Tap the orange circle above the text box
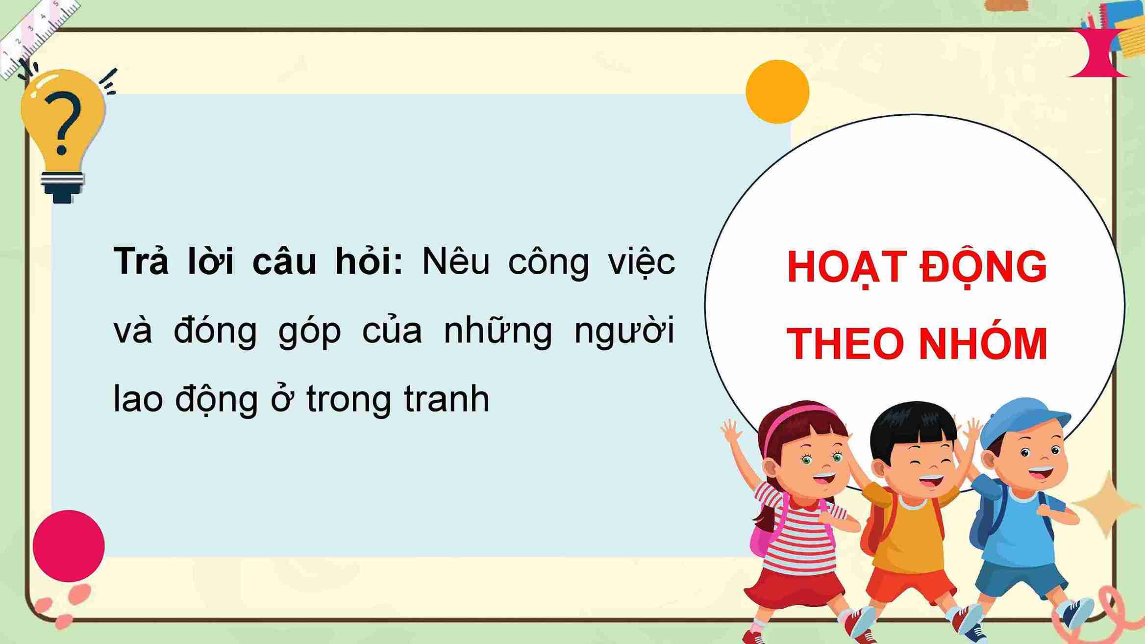click(x=777, y=92)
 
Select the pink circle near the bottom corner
click(x=69, y=546)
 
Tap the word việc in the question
click(x=641, y=262)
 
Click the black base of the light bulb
click(x=62, y=194)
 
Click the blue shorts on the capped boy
click(x=1020, y=579)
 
